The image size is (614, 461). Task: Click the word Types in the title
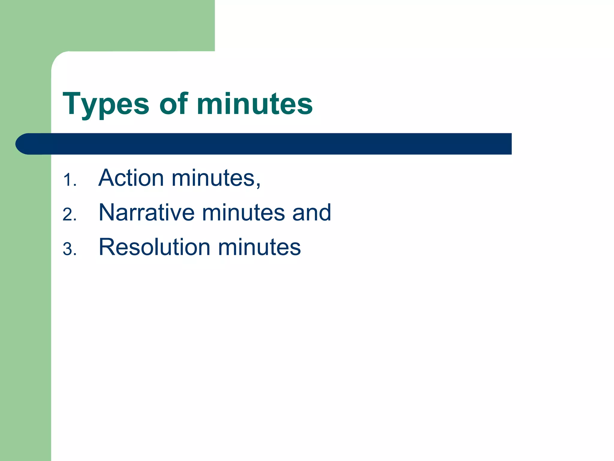coord(106,104)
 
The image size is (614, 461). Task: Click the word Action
coord(131,178)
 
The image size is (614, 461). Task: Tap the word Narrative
coord(147,212)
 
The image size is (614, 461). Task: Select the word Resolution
coord(154,247)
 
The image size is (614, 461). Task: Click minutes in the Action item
coord(213,178)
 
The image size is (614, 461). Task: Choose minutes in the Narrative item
coord(243,212)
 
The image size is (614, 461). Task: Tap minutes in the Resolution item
coord(259,247)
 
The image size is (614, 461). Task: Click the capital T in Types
coord(72,103)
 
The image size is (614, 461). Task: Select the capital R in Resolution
coord(108,247)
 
